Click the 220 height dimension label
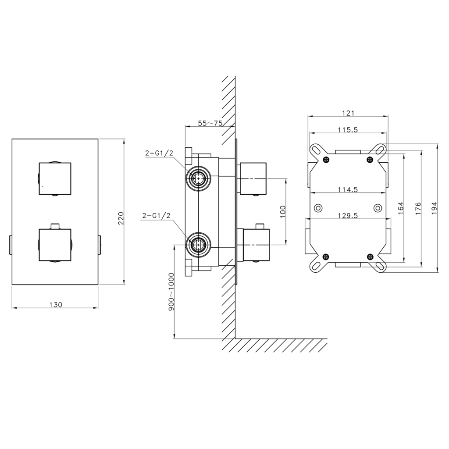point(121,218)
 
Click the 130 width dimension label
point(55,304)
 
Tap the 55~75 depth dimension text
point(210,123)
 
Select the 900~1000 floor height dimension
point(171,292)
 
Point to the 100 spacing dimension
point(283,211)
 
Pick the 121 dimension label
point(348,113)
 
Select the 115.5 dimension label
point(348,130)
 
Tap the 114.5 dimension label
point(348,189)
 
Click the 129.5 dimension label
point(348,216)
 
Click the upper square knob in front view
point(55,178)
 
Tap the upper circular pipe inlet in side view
point(199,178)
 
